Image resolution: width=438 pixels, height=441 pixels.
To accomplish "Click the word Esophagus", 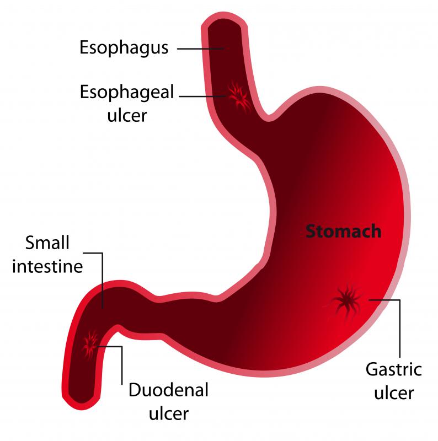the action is (124, 49).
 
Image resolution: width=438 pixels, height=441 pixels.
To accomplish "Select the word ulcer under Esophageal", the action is (127, 115).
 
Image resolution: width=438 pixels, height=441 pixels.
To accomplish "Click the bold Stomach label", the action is (344, 231).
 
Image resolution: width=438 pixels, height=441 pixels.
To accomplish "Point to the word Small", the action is (47, 243).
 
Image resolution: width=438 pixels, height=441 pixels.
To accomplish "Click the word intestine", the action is (47, 266).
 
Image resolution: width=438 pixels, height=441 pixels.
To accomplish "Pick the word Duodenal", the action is (169, 390).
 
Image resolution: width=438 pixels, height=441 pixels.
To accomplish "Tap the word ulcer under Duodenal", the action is (169, 413).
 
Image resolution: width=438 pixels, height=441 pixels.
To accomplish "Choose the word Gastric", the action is (394, 370).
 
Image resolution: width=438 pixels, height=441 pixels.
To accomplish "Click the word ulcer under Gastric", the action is (394, 392).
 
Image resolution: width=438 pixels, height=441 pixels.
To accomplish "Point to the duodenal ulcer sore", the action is (90, 345).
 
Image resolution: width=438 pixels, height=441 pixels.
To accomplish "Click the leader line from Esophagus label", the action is (200, 49).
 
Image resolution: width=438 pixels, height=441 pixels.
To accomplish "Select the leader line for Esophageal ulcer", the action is (202, 96).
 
